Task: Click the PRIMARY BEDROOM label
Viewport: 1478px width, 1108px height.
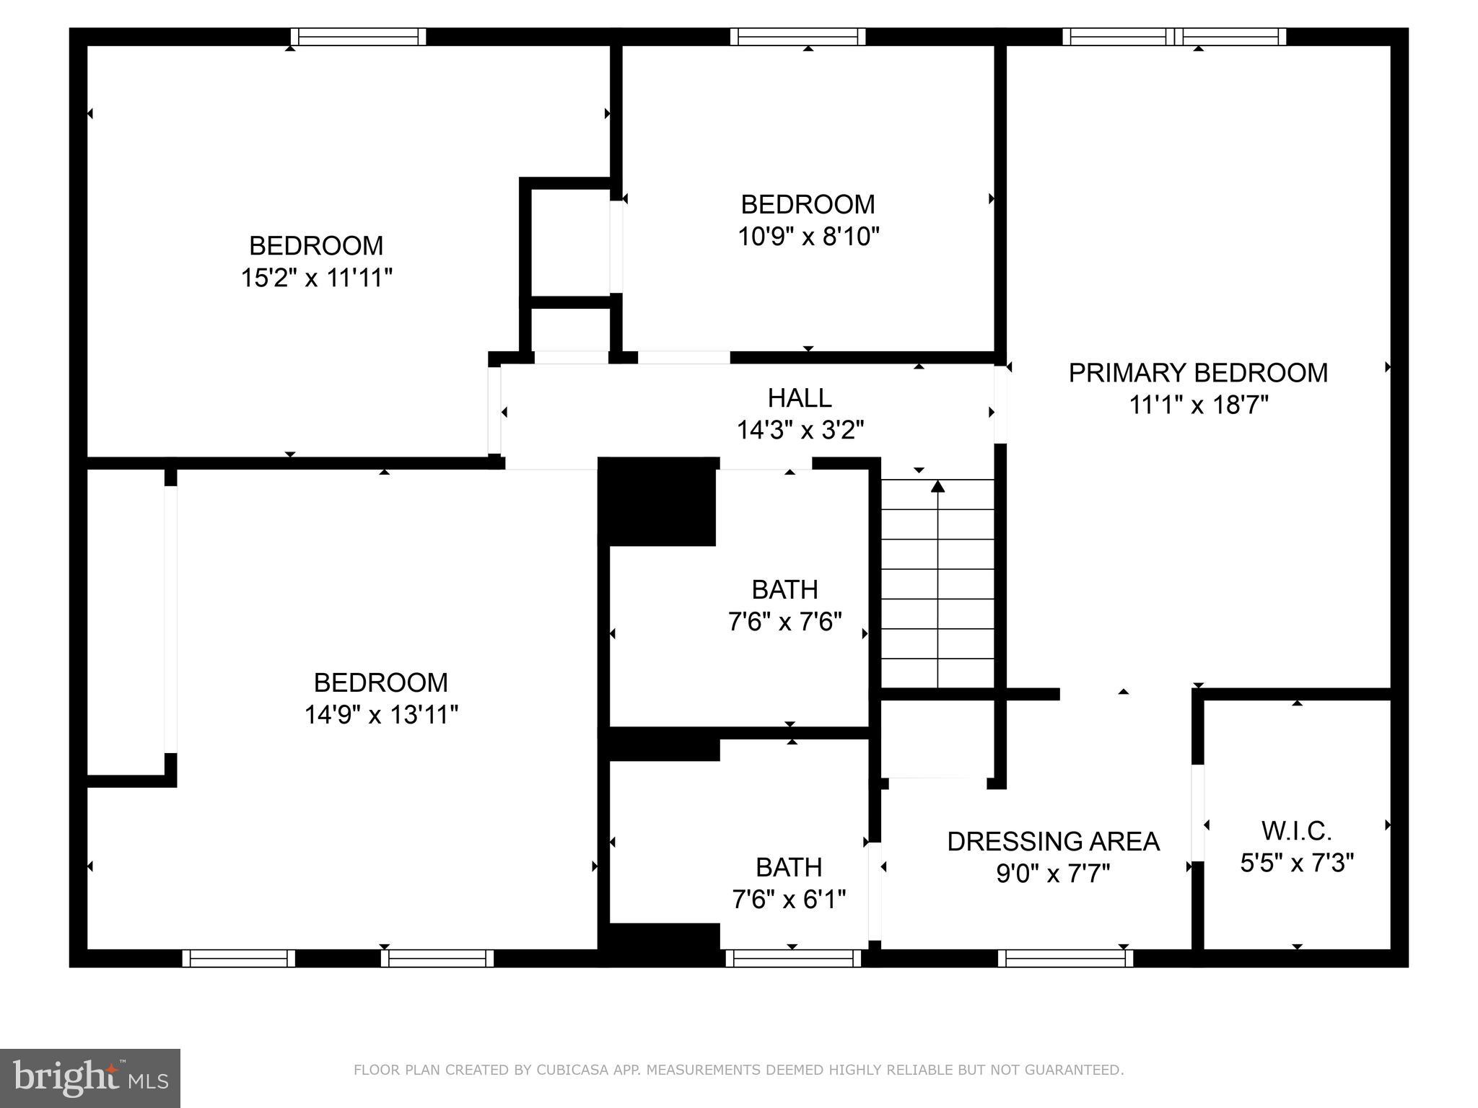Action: coord(1197,373)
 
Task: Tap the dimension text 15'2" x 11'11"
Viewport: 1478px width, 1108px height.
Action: coord(316,278)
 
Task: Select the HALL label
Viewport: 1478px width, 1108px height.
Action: coord(799,398)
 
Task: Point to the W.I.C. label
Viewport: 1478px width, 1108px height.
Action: coord(1296,831)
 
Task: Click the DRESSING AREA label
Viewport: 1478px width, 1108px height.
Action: coord(1053,842)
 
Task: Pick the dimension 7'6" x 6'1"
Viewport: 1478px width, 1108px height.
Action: coord(789,900)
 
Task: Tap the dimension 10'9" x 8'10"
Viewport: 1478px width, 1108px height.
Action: coord(808,237)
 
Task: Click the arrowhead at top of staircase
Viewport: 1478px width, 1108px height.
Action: coord(937,487)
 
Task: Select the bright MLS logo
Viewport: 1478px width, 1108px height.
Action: coord(89,1078)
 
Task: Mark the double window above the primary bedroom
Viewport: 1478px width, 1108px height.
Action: coord(1174,37)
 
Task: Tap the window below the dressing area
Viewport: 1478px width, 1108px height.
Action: coord(1065,958)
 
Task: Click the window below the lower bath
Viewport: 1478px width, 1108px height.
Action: coord(793,958)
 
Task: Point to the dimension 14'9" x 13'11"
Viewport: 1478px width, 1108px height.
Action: coord(381,715)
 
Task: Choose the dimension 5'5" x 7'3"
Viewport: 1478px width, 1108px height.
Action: coord(1297,863)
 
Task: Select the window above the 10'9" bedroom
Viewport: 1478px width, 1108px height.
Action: coord(797,37)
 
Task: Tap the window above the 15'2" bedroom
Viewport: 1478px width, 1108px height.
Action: coord(358,37)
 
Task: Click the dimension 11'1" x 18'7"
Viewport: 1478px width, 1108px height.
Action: coord(1198,405)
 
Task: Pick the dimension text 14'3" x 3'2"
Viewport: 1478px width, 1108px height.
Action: coord(800,431)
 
